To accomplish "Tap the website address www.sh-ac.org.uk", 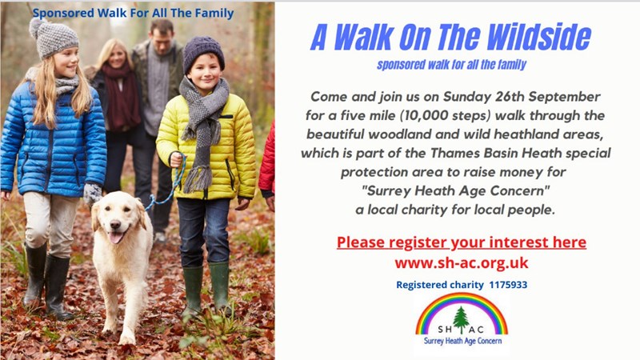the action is (x=462, y=262).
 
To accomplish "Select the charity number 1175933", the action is (x=508, y=285).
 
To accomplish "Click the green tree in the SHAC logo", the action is (x=462, y=320).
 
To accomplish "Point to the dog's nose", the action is (x=115, y=225).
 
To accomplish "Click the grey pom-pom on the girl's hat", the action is (x=36, y=27).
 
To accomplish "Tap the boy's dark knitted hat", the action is (x=203, y=52).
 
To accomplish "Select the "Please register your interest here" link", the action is (x=462, y=242).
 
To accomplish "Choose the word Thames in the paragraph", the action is (x=455, y=153).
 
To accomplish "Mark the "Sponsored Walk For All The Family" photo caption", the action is (x=133, y=13).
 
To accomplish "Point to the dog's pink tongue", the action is (x=115, y=237).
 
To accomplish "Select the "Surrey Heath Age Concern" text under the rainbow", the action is (x=462, y=341).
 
